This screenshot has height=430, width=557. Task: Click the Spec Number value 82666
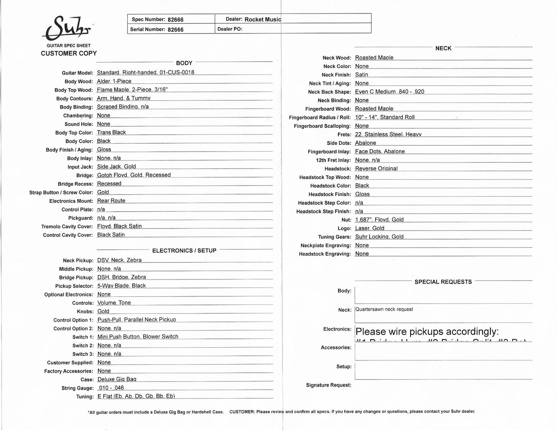[175, 19]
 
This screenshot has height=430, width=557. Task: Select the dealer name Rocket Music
[263, 19]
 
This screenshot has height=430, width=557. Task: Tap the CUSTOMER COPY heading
[69, 54]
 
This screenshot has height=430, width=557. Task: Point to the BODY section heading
[184, 63]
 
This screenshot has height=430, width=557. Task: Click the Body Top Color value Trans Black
[111, 132]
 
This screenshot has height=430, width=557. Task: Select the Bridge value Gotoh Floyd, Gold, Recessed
[134, 175]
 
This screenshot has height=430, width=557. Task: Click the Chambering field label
[78, 115]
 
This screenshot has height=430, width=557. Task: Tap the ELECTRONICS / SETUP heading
[184, 251]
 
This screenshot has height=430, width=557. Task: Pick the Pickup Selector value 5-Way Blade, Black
[121, 286]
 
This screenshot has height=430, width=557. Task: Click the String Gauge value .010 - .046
[111, 388]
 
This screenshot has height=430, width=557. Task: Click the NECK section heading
[443, 48]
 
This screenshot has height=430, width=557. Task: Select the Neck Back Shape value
[389, 92]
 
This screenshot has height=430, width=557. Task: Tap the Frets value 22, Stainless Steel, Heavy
[388, 134]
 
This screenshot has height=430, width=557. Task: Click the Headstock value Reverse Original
[376, 169]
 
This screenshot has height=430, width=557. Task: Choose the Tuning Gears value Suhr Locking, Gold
[379, 237]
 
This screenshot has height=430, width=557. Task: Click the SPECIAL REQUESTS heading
[443, 282]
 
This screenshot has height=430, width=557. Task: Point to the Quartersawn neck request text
[384, 309]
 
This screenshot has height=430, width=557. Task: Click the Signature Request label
[328, 385]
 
